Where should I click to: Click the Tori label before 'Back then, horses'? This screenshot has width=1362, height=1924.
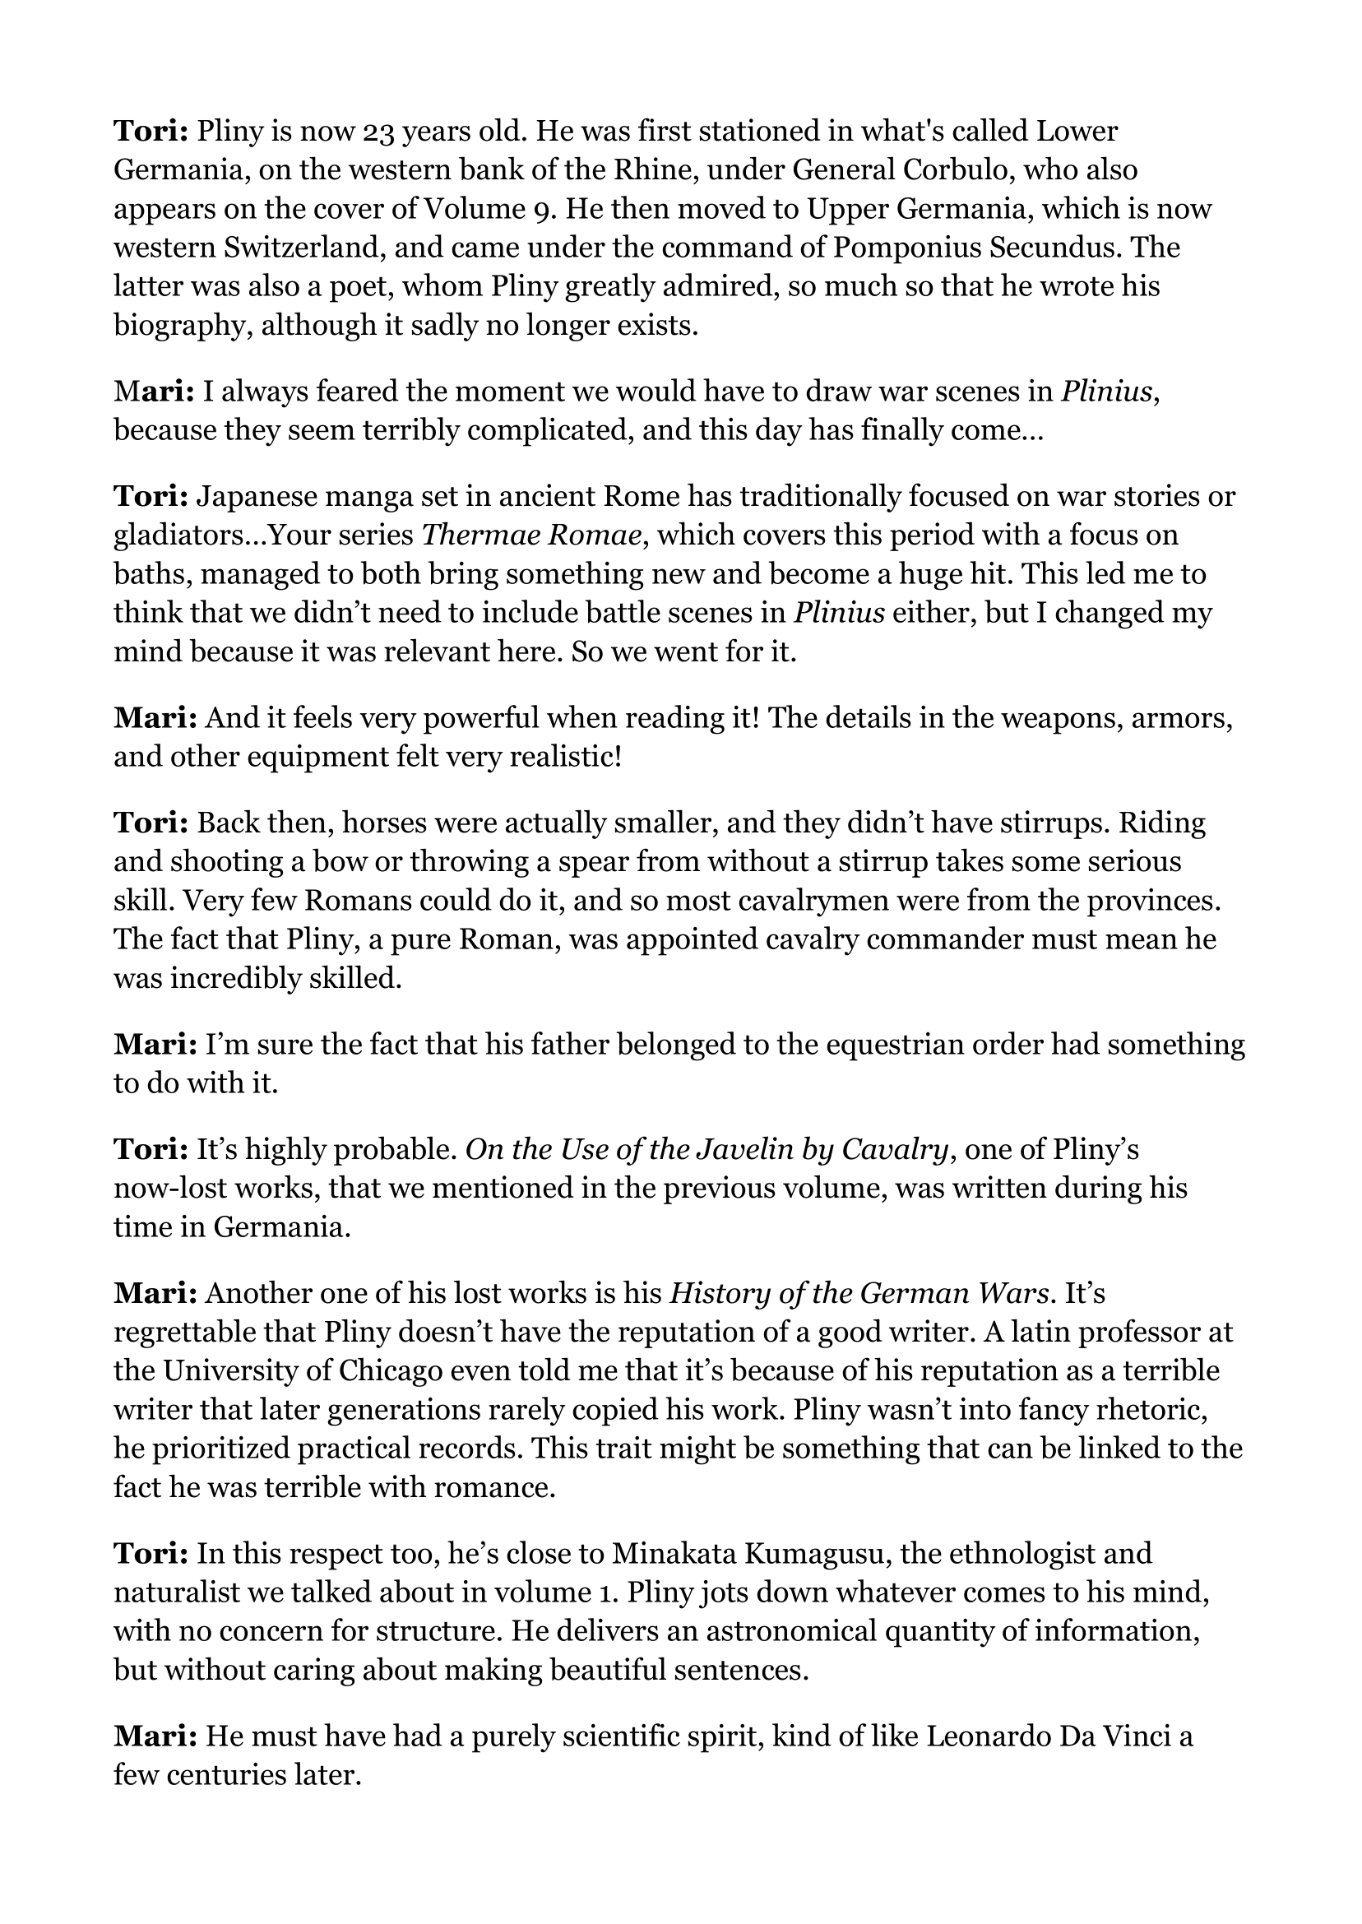[x=151, y=823]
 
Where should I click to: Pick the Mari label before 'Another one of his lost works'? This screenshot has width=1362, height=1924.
[x=155, y=1293]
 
